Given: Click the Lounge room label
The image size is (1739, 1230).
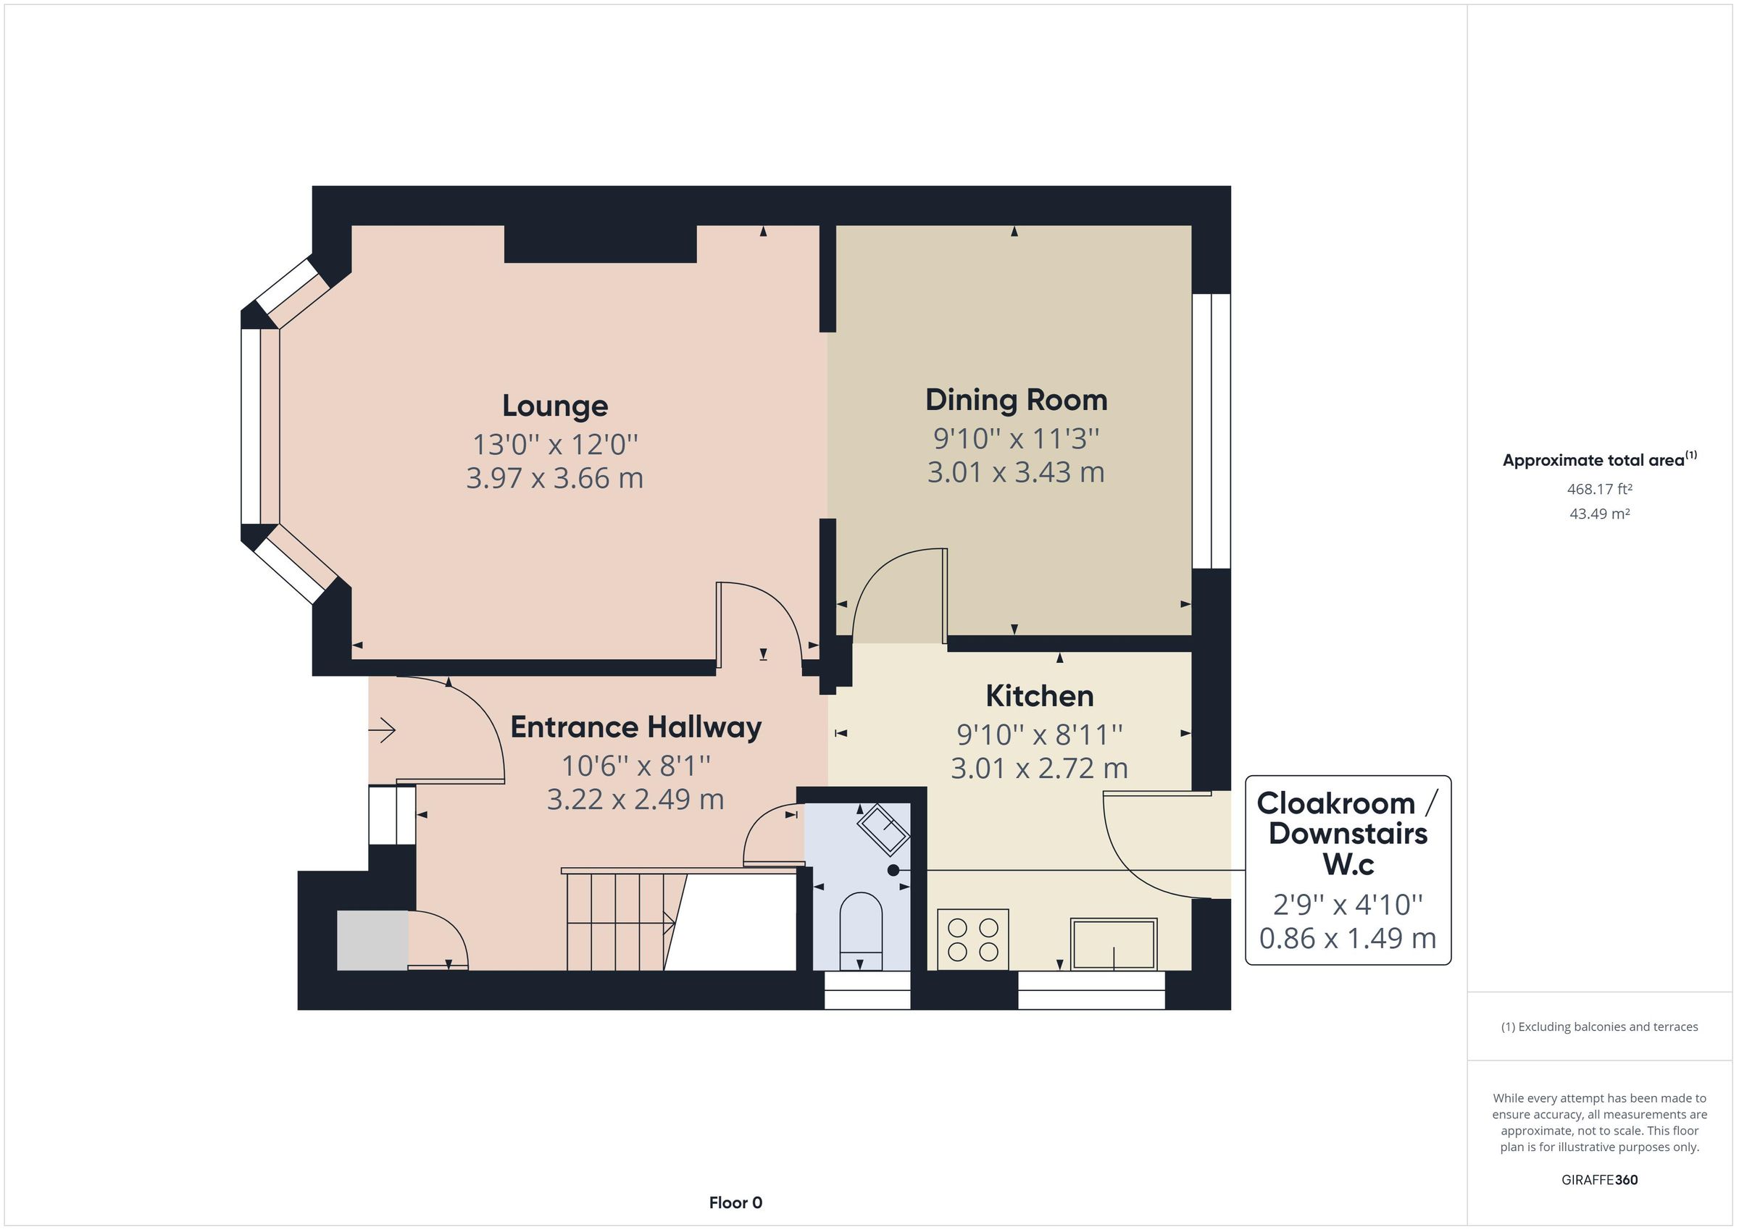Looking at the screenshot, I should pos(554,406).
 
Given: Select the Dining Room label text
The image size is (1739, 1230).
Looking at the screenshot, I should pos(1016,400).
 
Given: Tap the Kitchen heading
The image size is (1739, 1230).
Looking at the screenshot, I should pos(1039,696).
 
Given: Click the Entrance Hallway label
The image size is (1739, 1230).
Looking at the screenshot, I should pos(635,727).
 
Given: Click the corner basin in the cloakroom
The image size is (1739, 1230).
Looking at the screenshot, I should pos(883,829).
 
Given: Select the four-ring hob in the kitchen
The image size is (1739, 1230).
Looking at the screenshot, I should pos(972,940).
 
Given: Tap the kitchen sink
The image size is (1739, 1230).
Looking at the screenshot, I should pos(1113,944).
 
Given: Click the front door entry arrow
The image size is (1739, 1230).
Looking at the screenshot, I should pos(383,731).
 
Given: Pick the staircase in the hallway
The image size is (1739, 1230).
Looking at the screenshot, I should pos(617,921).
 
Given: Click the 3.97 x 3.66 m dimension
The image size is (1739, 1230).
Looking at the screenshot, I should pos(554,479).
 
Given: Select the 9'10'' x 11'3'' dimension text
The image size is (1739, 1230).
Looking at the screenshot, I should pos(1016,438).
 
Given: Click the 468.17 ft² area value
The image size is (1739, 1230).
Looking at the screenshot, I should pos(1599,489).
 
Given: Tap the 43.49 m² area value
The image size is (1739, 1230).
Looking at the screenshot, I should pos(1599,514).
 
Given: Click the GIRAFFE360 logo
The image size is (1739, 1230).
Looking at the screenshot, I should pos(1599,1179).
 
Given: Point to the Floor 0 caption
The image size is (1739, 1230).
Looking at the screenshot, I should pos(735,1202).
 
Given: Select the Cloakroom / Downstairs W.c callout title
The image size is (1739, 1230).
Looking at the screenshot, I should pos(1348,833).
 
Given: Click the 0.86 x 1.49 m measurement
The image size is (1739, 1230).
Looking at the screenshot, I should pos(1348,938).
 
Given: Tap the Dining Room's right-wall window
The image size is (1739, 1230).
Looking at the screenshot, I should pos(1210,431).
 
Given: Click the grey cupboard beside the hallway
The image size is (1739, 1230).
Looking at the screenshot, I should pos(372,941).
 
